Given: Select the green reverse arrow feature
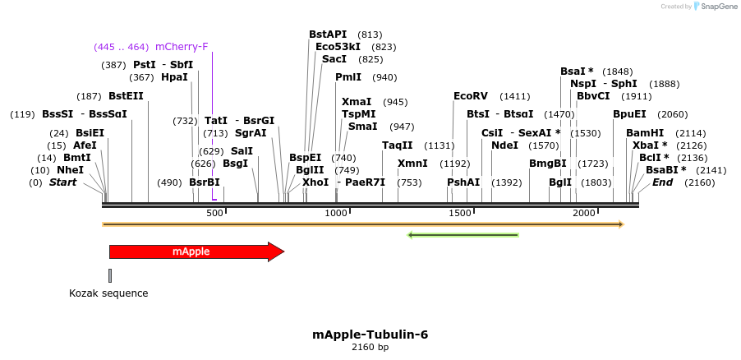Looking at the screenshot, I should [463, 235].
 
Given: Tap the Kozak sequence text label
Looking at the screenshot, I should [108, 293].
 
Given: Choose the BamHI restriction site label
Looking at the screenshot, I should [645, 133].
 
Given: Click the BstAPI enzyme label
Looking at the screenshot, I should [328, 35].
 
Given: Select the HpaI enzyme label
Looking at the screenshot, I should [174, 77].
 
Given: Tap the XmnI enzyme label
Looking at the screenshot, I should [412, 164].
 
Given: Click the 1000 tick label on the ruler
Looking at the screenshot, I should [336, 214].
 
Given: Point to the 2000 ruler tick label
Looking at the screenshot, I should [583, 214].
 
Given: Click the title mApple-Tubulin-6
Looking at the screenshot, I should [370, 335].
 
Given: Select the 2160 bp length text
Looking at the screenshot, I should [370, 348].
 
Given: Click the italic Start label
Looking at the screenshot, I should [63, 182].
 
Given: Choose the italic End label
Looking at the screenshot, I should [662, 182].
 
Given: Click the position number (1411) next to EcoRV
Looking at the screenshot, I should [515, 96].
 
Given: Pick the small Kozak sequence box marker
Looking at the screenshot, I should [110, 275].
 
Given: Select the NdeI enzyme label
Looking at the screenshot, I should [504, 145].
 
